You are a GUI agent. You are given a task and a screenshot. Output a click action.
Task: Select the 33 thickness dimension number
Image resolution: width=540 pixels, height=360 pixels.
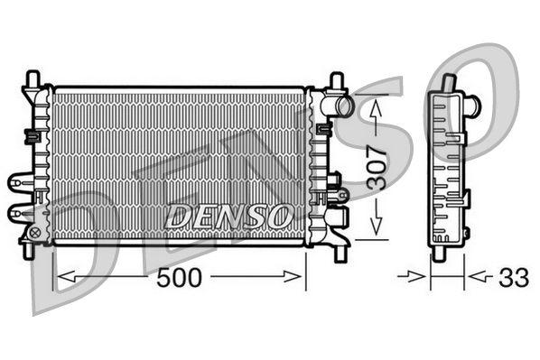513,277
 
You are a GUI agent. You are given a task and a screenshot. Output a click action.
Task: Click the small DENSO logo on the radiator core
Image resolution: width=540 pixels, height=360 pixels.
228,216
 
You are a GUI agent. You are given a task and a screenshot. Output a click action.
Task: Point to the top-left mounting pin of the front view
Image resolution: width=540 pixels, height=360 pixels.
33,78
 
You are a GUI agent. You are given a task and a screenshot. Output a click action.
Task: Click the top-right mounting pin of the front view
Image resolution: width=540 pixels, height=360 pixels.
337,79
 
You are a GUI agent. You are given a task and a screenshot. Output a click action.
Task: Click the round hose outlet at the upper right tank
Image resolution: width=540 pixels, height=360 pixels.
342,106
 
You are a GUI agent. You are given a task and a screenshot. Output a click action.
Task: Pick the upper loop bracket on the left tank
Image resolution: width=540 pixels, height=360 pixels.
19,181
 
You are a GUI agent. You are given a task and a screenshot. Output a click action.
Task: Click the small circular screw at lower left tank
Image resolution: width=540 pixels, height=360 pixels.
35,233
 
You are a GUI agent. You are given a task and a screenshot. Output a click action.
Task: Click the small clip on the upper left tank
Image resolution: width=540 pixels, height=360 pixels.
31,136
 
